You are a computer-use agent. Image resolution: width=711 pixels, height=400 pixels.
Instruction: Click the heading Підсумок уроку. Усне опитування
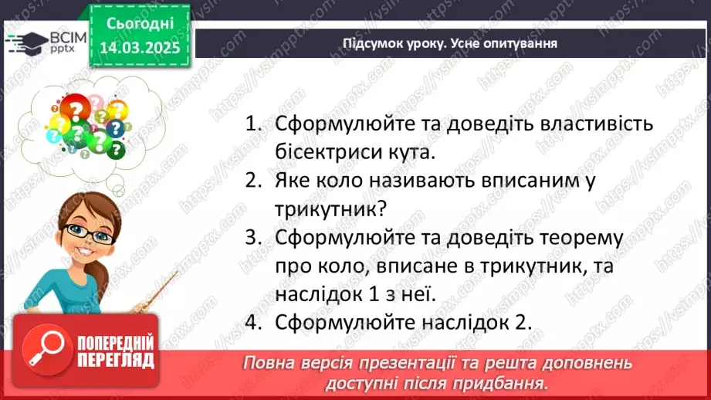(x=450, y=43)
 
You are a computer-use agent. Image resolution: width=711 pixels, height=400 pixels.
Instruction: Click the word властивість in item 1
(x=587, y=124)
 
